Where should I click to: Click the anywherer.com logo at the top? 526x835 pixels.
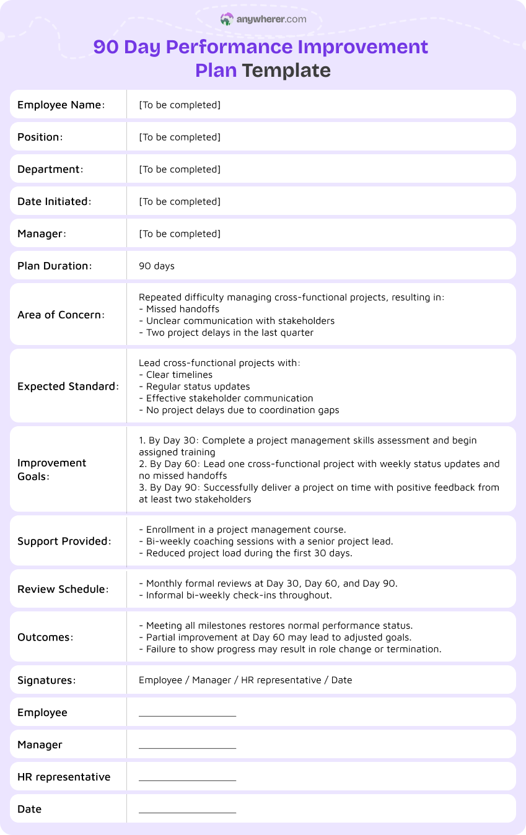263,19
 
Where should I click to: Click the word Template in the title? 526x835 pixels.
286,70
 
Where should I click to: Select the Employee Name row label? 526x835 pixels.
61,105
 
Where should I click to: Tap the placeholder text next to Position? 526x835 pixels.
180,137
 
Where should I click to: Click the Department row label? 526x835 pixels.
50,169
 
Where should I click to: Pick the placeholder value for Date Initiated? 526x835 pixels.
180,201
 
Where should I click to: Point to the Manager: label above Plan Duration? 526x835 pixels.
42,234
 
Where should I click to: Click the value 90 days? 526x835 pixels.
157,266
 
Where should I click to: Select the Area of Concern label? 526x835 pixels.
61,315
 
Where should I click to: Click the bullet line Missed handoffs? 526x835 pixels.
180,308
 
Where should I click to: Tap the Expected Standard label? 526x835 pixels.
68,386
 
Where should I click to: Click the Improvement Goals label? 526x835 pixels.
52,470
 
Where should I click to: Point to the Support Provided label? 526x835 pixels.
64,541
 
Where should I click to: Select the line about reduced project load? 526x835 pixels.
246,553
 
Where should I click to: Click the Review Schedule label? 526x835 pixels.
63,589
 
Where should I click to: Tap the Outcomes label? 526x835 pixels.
45,637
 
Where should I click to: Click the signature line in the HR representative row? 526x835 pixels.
187,780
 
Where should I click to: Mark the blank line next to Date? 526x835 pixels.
187,812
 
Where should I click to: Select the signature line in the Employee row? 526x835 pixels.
187,715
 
